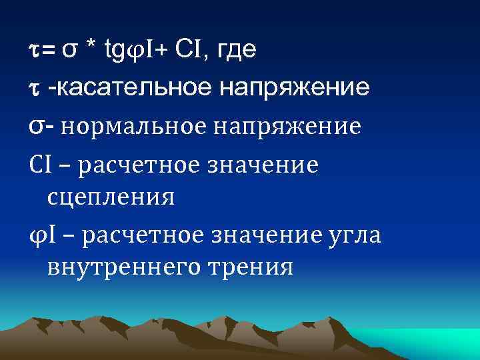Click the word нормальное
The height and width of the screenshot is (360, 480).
tap(136, 127)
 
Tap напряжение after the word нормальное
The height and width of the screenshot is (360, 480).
tap(290, 127)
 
